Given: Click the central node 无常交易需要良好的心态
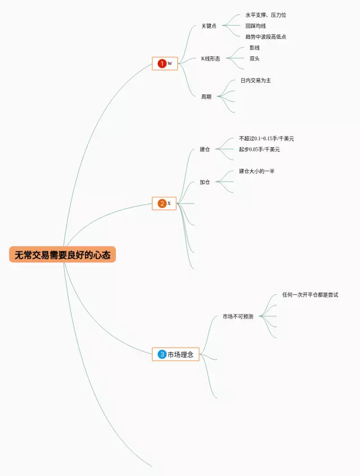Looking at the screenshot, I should pos(62,254).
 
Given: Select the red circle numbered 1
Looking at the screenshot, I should pos(162,64).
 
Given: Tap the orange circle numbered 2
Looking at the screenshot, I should pos(162,203).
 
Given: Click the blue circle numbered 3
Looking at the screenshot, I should pos(162,354).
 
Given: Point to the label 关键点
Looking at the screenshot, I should pos(209,26).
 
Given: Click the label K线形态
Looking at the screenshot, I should pos(210,59).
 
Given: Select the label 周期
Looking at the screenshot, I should pos(206,96).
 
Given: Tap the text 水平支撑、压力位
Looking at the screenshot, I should pos(265,15).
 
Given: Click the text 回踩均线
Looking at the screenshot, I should pos(255,26).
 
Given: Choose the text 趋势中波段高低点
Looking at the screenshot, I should pos(265,37).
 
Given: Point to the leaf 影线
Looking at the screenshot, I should pos(255,48).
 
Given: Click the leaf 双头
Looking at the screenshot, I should pos(255,59).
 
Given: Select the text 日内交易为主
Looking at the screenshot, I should pos(256,80).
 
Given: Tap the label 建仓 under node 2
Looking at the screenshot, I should pos(205,149).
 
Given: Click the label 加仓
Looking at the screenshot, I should pos(205,182).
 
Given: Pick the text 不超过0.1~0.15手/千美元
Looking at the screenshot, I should pos(266,138).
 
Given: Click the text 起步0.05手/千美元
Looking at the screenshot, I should pos(259,149).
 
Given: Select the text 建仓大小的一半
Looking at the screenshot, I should pos(256,171).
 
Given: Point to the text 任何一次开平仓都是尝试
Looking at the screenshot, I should pos(310,295).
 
